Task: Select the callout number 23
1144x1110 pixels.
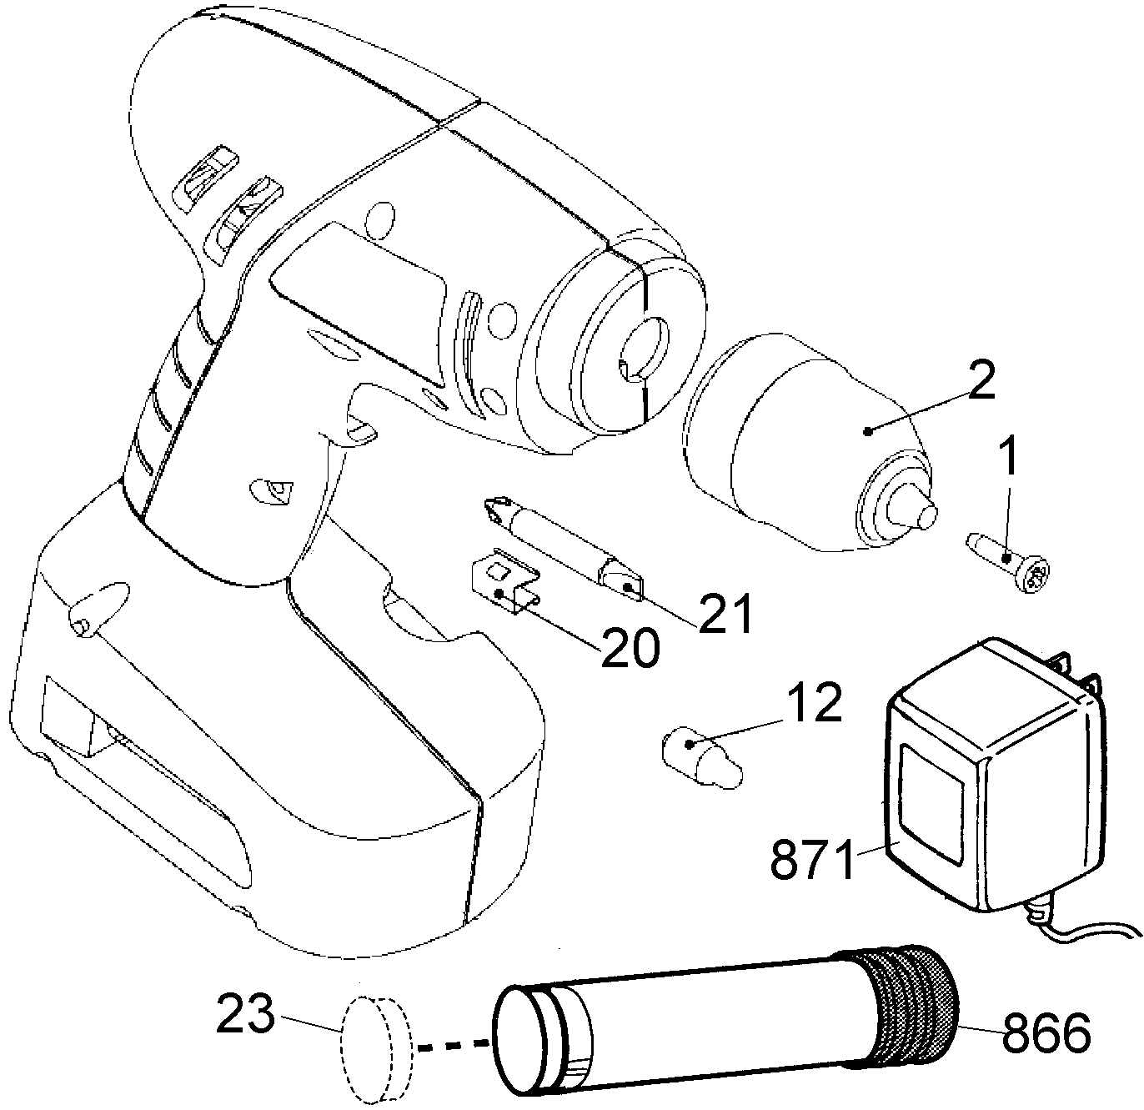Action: click(245, 1012)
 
